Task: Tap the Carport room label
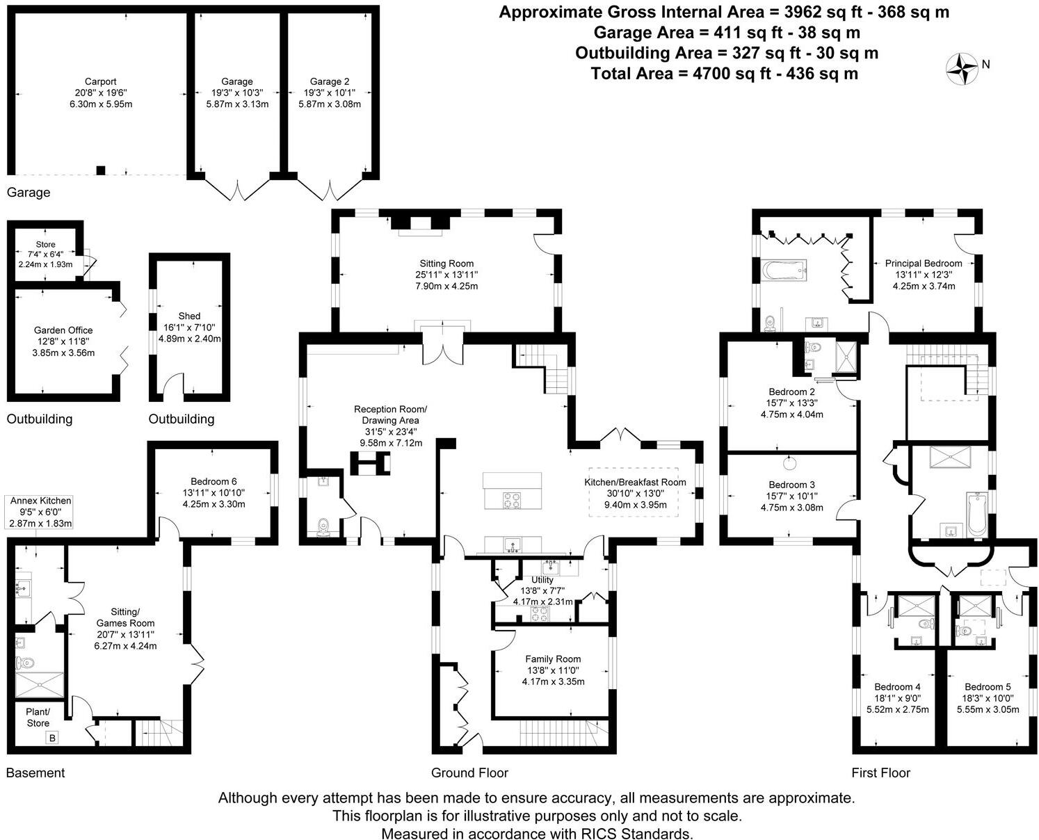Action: [100, 81]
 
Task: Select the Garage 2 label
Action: [325, 81]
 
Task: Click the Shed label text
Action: [189, 316]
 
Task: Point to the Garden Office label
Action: [63, 330]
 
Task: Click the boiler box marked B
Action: [52, 738]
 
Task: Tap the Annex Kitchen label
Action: [40, 501]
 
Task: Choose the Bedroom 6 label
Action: [214, 481]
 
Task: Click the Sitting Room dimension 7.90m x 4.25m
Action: [446, 286]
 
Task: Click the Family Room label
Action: [553, 659]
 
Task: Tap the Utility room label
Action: [542, 579]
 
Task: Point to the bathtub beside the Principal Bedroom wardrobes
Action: [784, 268]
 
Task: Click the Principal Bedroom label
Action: [924, 264]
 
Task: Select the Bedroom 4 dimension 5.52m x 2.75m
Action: [897, 709]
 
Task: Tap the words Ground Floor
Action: [469, 773]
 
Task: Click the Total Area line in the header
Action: [724, 73]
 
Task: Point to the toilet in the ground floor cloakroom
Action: [323, 528]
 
